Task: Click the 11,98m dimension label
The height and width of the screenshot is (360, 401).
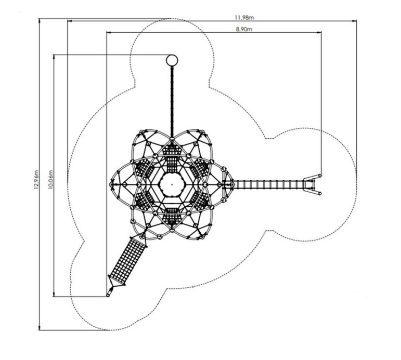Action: pyautogui.click(x=244, y=17)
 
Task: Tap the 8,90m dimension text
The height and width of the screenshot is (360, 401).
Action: pyautogui.click(x=244, y=29)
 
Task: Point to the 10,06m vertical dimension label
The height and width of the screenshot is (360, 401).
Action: pyautogui.click(x=50, y=179)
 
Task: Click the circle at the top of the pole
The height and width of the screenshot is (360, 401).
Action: pyautogui.click(x=172, y=60)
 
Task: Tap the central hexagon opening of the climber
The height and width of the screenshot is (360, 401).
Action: pyautogui.click(x=172, y=184)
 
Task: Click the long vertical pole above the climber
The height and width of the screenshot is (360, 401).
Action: pyautogui.click(x=172, y=102)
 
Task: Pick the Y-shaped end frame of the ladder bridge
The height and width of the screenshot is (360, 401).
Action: pyautogui.click(x=312, y=184)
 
